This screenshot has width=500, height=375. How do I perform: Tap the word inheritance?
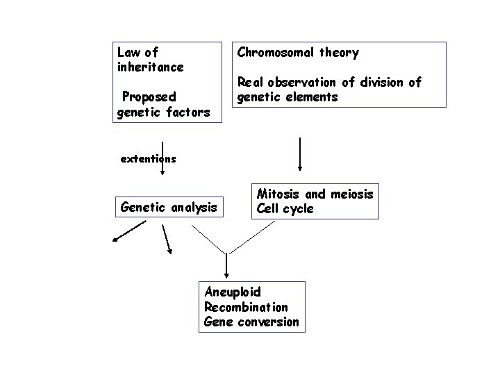151,67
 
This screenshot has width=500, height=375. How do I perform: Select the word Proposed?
148,96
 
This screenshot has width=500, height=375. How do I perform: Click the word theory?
340,53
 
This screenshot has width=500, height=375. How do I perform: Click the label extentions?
148,158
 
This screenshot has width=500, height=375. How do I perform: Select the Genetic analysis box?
169,206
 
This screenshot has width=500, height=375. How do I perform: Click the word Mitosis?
279,194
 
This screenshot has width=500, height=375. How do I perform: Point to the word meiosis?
351,194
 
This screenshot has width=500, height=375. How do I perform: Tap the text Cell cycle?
285,209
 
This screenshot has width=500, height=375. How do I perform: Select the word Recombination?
246,307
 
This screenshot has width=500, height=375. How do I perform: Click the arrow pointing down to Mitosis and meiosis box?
299,154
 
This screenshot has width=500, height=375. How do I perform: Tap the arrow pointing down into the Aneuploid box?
225,266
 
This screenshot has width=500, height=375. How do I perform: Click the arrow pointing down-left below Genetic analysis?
130,231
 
